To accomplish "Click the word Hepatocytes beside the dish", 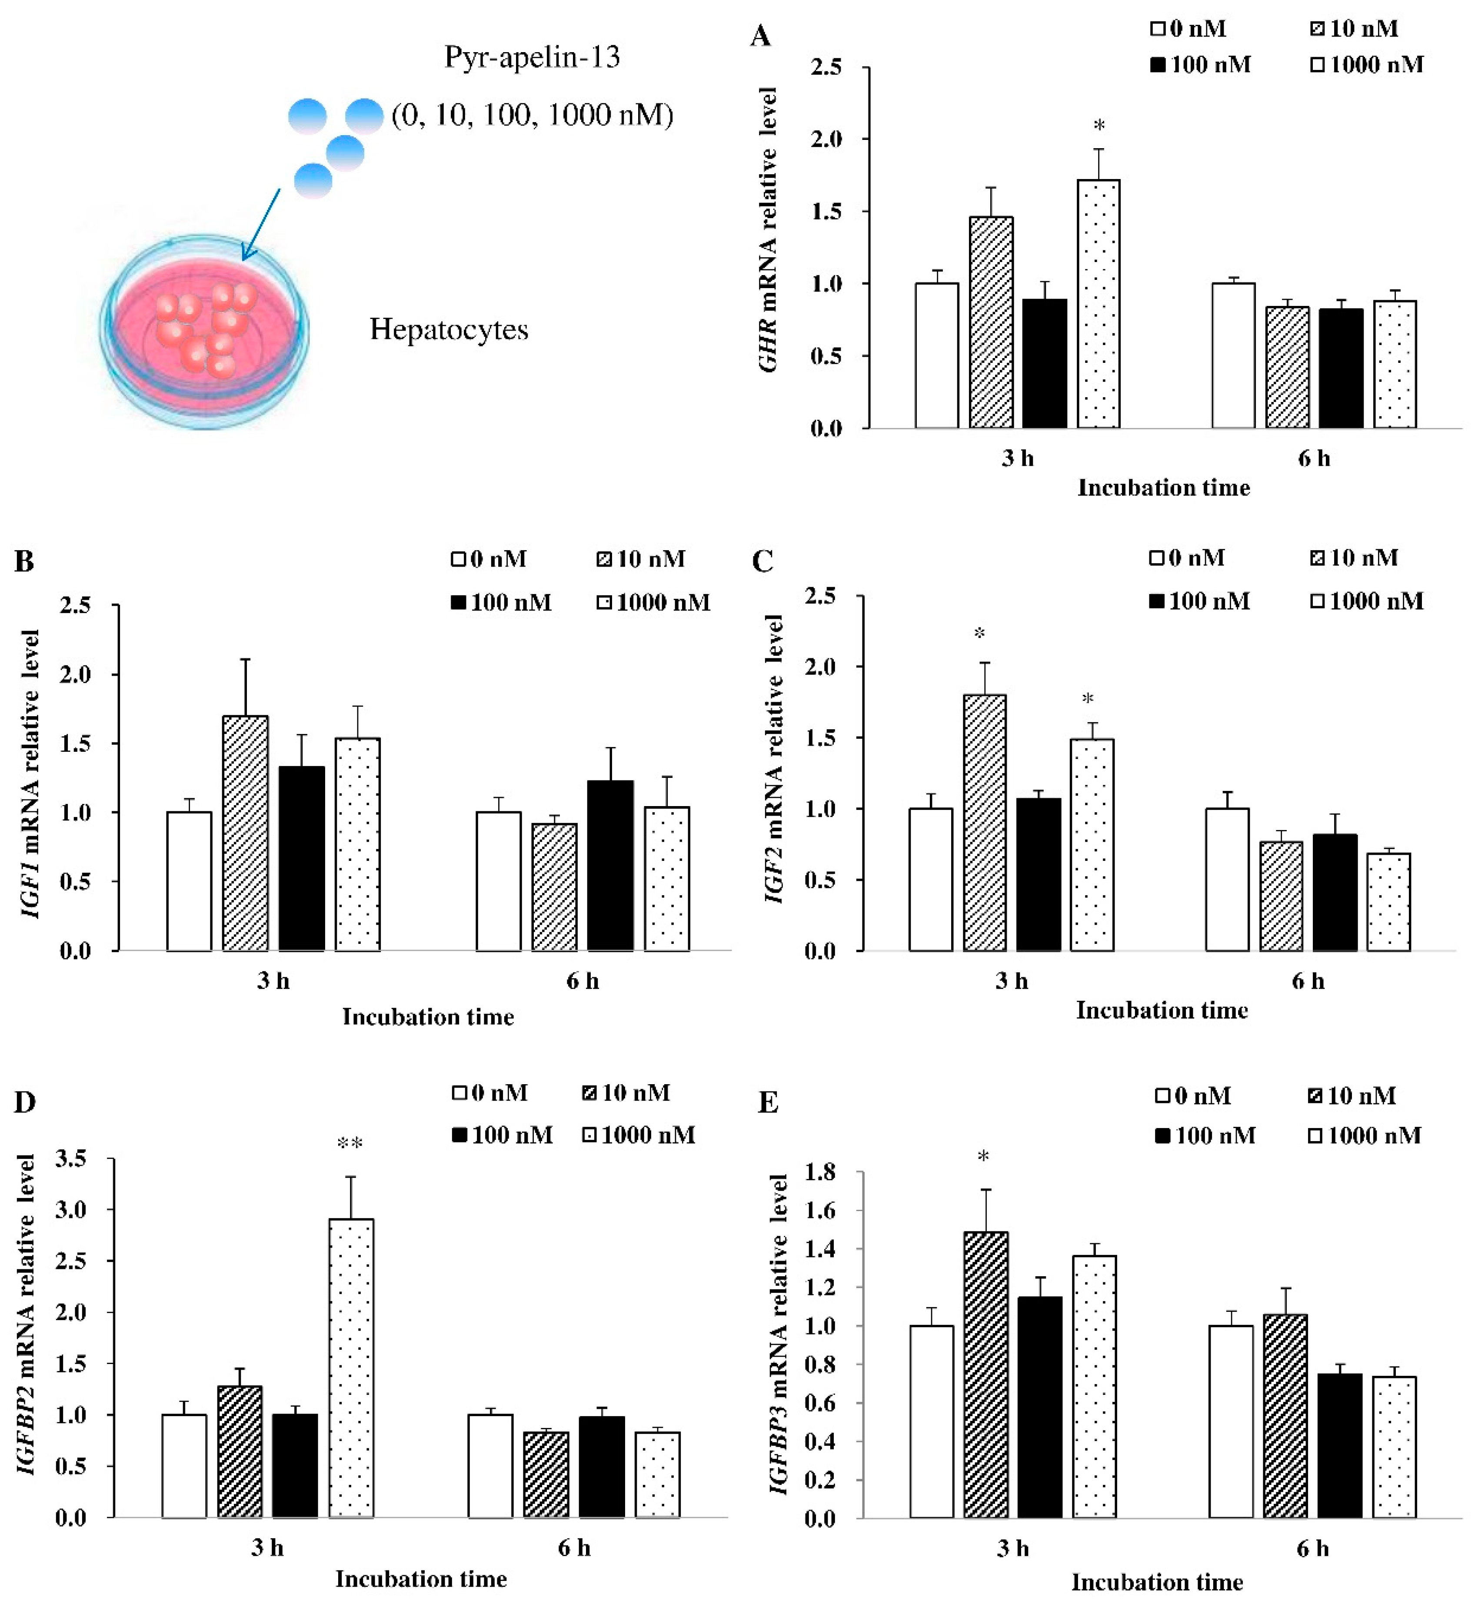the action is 449,329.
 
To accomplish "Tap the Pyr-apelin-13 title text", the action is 532,57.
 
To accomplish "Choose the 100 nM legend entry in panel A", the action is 1201,65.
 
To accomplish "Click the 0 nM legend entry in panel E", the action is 1193,1095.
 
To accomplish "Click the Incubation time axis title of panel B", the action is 428,1017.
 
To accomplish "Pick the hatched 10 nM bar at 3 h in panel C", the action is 985,823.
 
